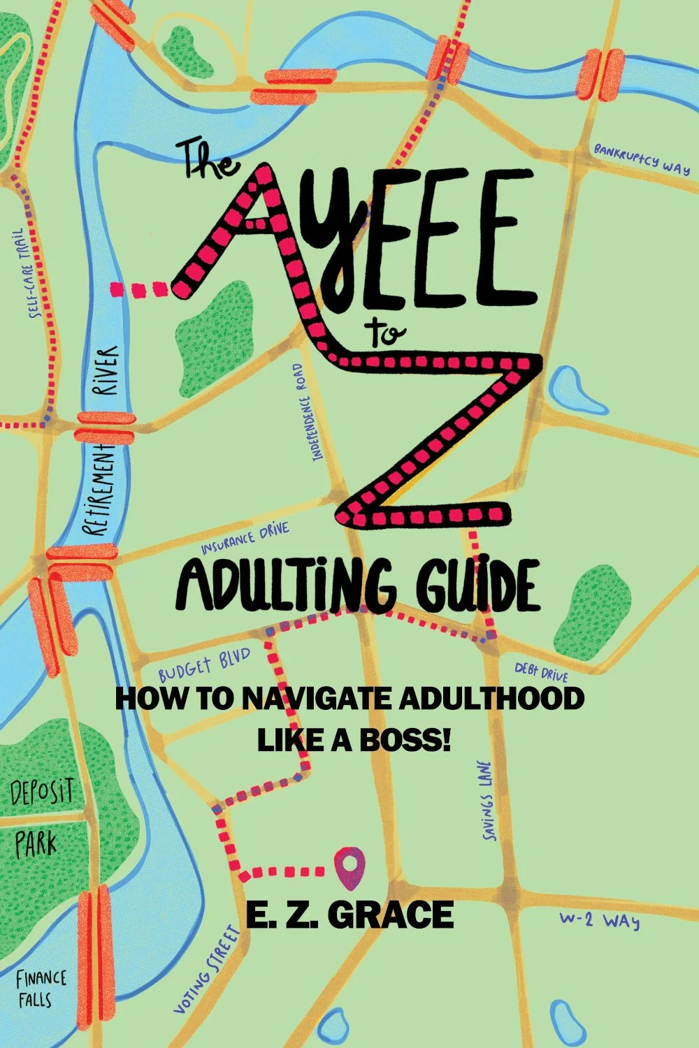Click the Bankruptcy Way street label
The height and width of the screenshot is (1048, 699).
click(x=642, y=159)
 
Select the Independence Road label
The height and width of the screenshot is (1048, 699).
click(x=308, y=412)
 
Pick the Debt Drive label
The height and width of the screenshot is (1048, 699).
click(x=542, y=671)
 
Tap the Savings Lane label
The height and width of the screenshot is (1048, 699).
click(x=487, y=800)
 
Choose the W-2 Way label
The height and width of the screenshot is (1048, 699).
click(x=600, y=920)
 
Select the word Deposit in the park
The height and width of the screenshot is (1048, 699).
click(x=42, y=794)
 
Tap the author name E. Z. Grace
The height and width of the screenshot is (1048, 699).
click(x=349, y=915)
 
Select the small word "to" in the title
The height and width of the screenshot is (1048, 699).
click(x=385, y=334)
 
